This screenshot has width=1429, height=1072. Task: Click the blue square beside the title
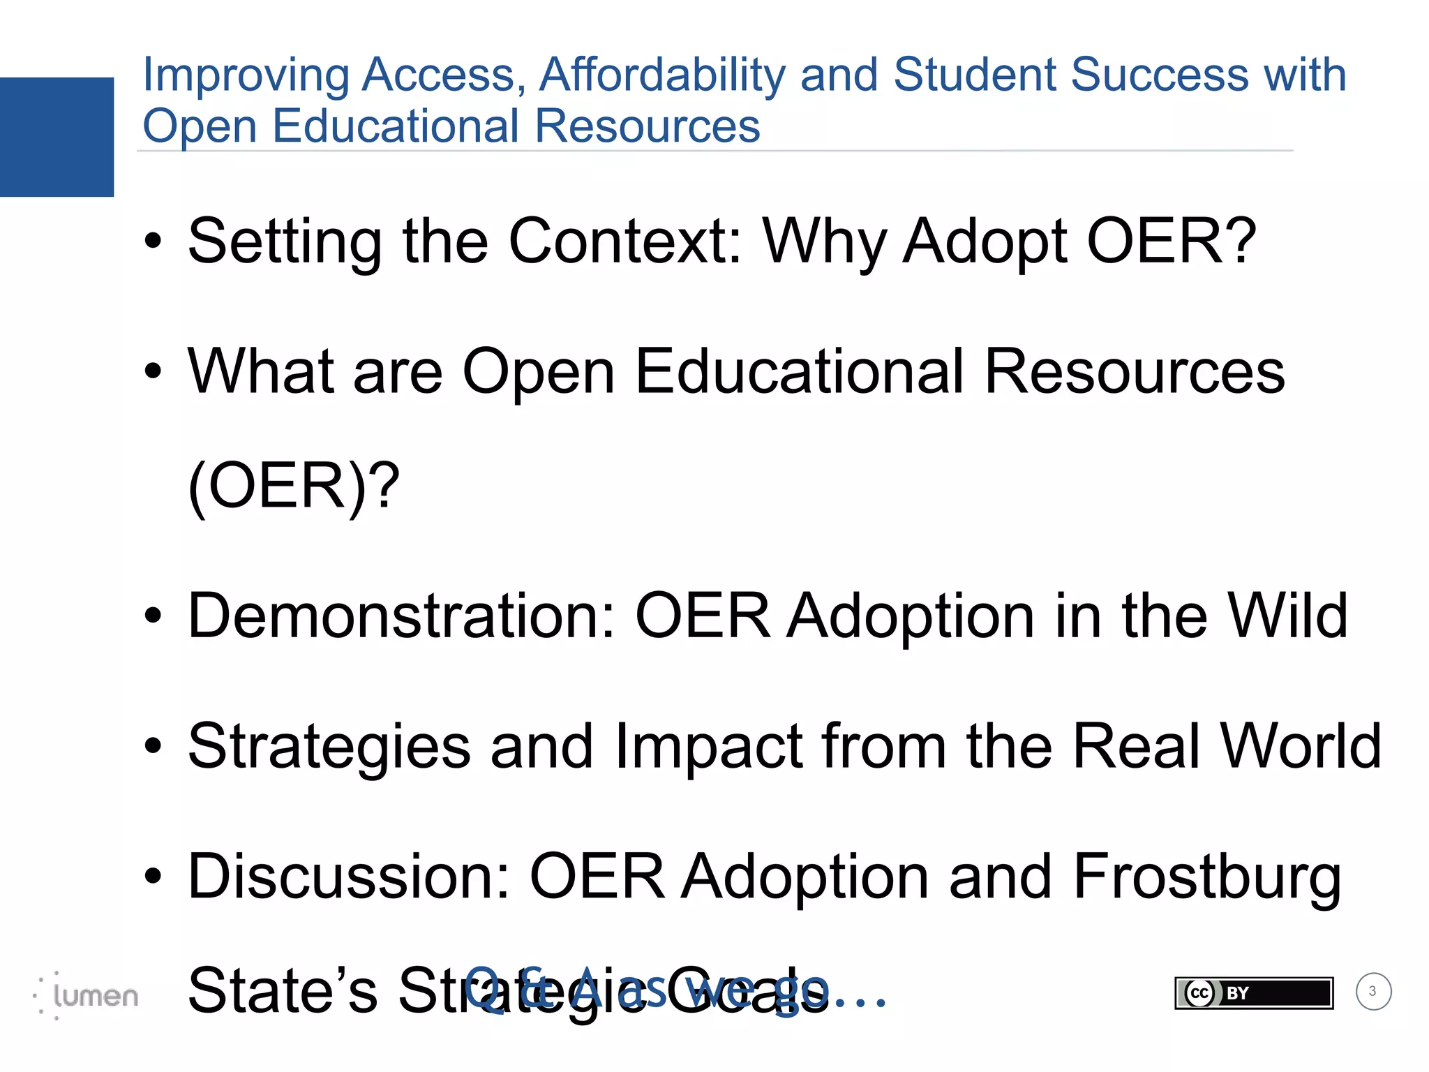(x=57, y=137)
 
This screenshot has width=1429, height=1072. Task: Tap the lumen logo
(x=87, y=995)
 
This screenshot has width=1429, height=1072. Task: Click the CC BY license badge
(x=1253, y=992)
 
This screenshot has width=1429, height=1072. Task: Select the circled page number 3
(x=1373, y=991)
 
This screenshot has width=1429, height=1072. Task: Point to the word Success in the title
(x=1159, y=75)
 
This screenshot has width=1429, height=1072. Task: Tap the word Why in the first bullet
(x=824, y=241)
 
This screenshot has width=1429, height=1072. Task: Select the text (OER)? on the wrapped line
(x=294, y=486)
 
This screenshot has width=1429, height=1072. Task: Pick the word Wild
(x=1287, y=616)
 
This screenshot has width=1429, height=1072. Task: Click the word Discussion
(x=350, y=877)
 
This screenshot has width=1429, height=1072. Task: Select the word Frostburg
(x=1207, y=878)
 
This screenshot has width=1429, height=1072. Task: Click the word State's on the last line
(x=283, y=991)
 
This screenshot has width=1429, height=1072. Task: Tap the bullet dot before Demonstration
(x=153, y=616)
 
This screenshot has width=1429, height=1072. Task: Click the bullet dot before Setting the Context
(x=153, y=242)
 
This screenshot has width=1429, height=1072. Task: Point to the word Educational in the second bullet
(x=800, y=371)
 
